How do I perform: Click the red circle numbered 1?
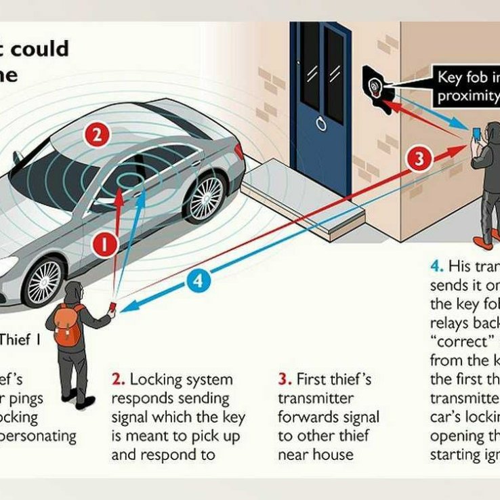click(x=104, y=245)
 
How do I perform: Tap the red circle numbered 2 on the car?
click(x=97, y=134)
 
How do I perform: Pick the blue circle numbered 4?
click(x=198, y=280)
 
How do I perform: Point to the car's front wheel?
click(x=44, y=280)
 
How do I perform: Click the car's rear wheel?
click(x=205, y=197)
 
